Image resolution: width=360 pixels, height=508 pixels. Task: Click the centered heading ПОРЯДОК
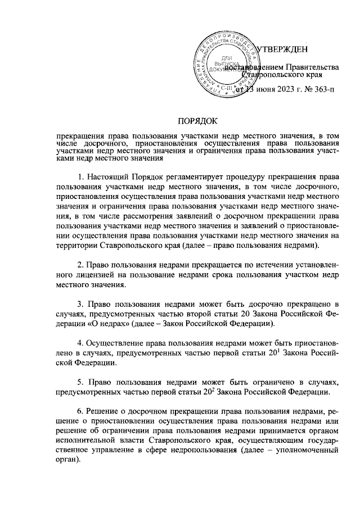(x=197, y=121)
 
